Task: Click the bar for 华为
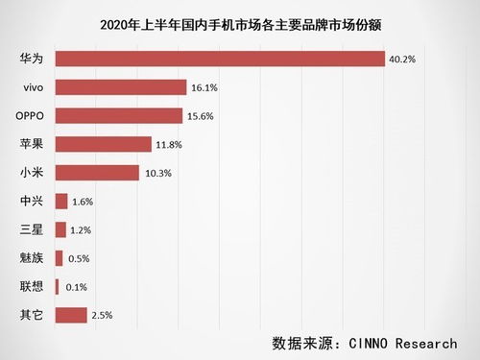pos(220,59)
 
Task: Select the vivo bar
pos(121,87)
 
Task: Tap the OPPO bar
pos(119,115)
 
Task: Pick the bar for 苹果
pos(104,144)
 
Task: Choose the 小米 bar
pos(97,173)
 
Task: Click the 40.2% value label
pos(403,59)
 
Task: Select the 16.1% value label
pos(204,87)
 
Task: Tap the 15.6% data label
pos(200,116)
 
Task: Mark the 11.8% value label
pos(169,144)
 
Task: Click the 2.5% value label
pos(104,315)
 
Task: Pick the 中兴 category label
pos(32,202)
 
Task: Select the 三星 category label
pos(32,230)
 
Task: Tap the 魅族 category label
pos(32,258)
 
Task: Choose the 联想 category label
pos(32,287)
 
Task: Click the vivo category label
pos(34,87)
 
